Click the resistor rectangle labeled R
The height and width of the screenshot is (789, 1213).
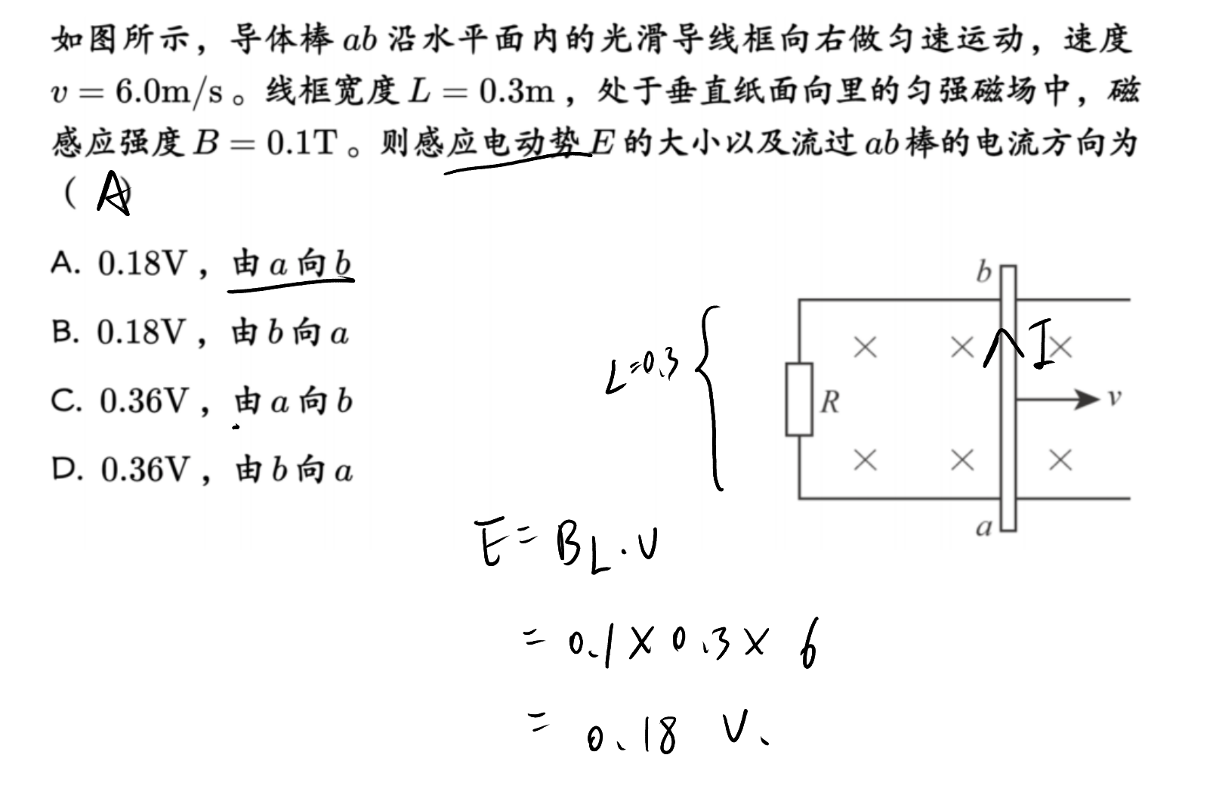click(x=799, y=399)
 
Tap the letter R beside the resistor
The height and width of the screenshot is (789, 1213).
click(x=830, y=402)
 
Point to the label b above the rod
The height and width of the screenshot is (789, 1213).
click(x=984, y=271)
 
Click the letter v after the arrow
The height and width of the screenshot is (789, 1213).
click(x=1114, y=398)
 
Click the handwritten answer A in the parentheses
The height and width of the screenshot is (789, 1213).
click(x=114, y=193)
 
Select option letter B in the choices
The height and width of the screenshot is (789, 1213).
click(x=65, y=332)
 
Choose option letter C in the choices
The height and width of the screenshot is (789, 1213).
click(x=66, y=401)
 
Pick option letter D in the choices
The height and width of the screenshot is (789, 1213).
click(x=67, y=469)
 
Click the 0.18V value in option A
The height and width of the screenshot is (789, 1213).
click(x=142, y=263)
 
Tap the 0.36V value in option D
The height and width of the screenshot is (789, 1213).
click(x=145, y=469)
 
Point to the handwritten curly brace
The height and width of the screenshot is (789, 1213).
click(x=709, y=398)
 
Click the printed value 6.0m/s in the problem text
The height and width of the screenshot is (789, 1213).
click(x=168, y=91)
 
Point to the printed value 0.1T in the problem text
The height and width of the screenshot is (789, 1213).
click(x=301, y=143)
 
